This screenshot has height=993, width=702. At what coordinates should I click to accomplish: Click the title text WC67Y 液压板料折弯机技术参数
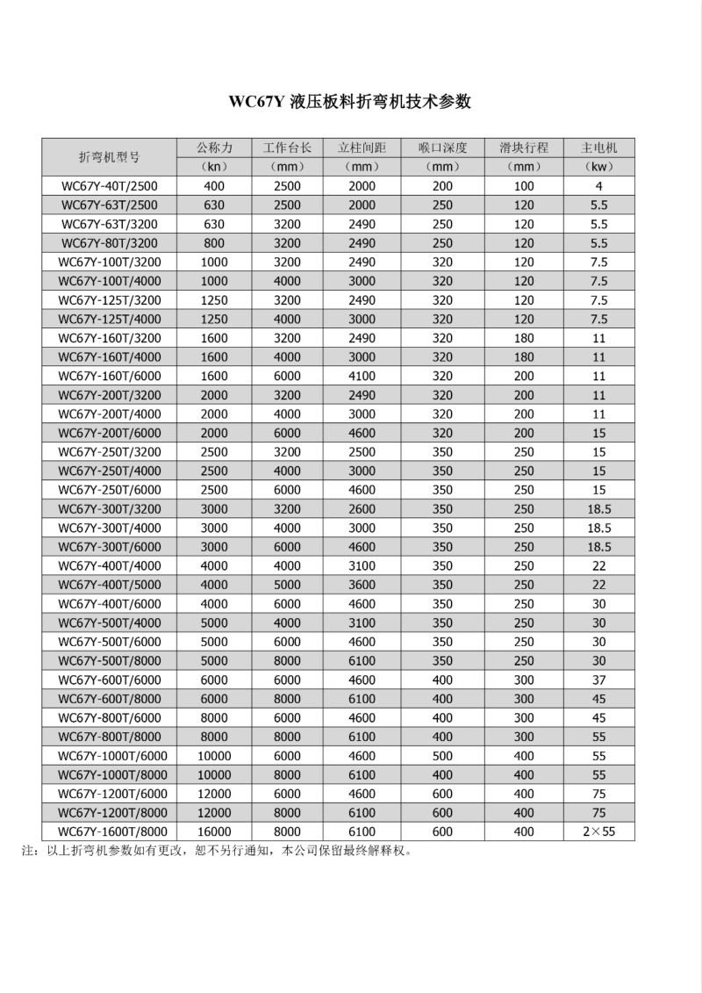350,101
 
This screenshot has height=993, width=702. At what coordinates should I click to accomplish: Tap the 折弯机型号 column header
109,157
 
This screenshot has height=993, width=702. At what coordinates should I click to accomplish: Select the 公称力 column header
214,148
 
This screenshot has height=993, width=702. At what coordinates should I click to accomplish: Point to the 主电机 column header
599,148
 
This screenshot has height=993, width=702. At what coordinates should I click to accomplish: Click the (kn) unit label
214,166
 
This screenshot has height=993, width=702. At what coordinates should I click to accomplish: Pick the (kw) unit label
599,166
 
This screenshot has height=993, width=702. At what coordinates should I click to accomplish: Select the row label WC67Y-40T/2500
109,186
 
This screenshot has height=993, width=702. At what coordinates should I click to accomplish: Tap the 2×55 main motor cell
599,831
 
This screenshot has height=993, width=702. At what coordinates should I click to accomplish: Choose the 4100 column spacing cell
362,376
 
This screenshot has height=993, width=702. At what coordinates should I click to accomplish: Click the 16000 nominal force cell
214,831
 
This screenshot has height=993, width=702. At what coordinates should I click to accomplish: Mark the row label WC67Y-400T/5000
109,585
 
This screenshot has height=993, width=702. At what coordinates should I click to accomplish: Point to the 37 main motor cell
599,680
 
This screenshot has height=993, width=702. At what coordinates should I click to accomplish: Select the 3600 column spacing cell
362,585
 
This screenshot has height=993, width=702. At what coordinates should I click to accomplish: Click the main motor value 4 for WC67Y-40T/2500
599,186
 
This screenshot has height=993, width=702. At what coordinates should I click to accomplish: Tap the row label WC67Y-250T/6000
109,490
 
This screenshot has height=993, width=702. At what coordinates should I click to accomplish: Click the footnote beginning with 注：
216,851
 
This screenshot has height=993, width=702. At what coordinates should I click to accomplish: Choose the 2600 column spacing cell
362,509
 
